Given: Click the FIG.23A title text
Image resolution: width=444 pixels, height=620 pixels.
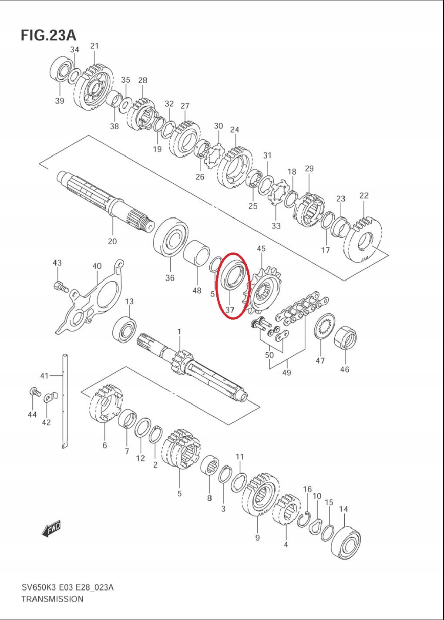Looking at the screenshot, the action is pos(48,35).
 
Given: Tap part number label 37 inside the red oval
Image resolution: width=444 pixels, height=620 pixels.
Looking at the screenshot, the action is pos(230,310).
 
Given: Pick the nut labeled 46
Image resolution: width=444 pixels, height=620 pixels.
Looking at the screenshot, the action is pos(345,338).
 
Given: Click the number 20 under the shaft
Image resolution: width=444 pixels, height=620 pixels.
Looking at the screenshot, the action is pos(112,241).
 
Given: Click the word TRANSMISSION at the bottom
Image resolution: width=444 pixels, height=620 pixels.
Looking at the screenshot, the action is pos(52,599).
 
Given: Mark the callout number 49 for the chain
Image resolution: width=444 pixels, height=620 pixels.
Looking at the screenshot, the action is pos(286,373).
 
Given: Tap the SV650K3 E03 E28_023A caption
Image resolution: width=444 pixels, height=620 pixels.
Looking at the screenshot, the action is pos(67,587).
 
